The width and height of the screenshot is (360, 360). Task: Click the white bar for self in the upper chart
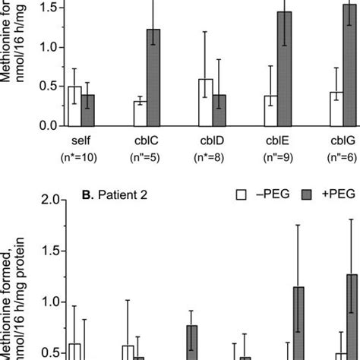point(74,106)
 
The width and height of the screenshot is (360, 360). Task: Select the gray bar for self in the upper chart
point(88,111)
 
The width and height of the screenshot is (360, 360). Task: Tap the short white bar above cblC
point(140,114)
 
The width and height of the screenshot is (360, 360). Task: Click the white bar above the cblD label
point(205,103)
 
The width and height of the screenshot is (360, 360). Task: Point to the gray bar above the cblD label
point(219,111)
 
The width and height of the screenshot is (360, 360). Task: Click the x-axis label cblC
point(147,141)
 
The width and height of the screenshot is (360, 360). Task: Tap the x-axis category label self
point(81,141)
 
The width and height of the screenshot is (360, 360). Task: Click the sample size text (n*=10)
point(81,157)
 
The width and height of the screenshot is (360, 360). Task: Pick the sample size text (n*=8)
point(213,157)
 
